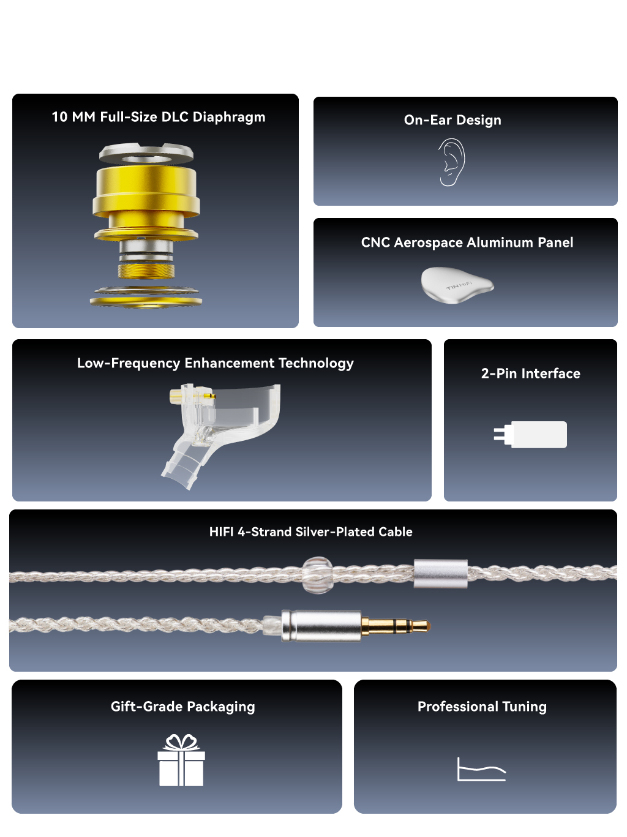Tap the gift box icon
tap(181, 760)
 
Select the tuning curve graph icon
tap(481, 770)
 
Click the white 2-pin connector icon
tap(530, 435)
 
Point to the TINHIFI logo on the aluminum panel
tap(459, 285)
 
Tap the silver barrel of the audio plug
tap(321, 626)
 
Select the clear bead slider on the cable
tap(318, 575)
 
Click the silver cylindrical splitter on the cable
tap(441, 574)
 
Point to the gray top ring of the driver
tap(146, 153)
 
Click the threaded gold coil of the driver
tap(146, 271)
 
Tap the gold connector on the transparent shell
tap(176, 397)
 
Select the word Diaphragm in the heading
tap(228, 118)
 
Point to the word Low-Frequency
tap(129, 363)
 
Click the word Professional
tap(457, 706)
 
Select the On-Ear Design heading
tap(452, 120)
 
